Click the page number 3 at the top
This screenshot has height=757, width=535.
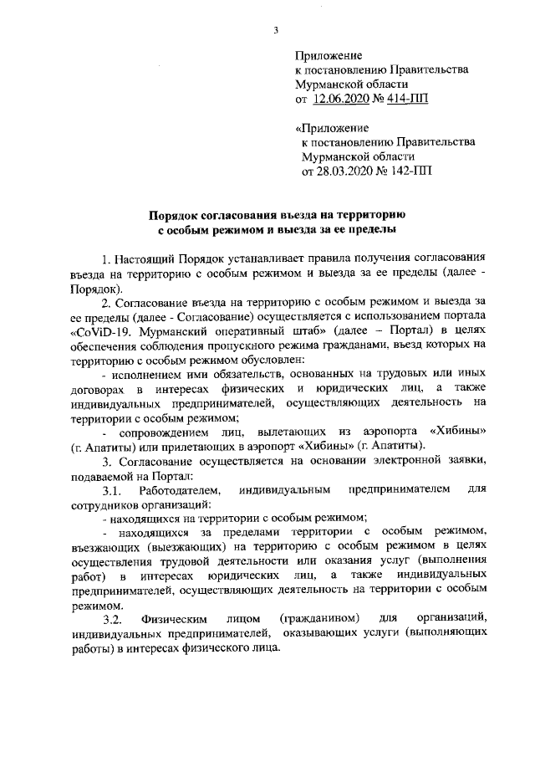pos(275,31)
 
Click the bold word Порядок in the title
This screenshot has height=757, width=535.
pos(178,213)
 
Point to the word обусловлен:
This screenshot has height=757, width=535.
pos(251,358)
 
